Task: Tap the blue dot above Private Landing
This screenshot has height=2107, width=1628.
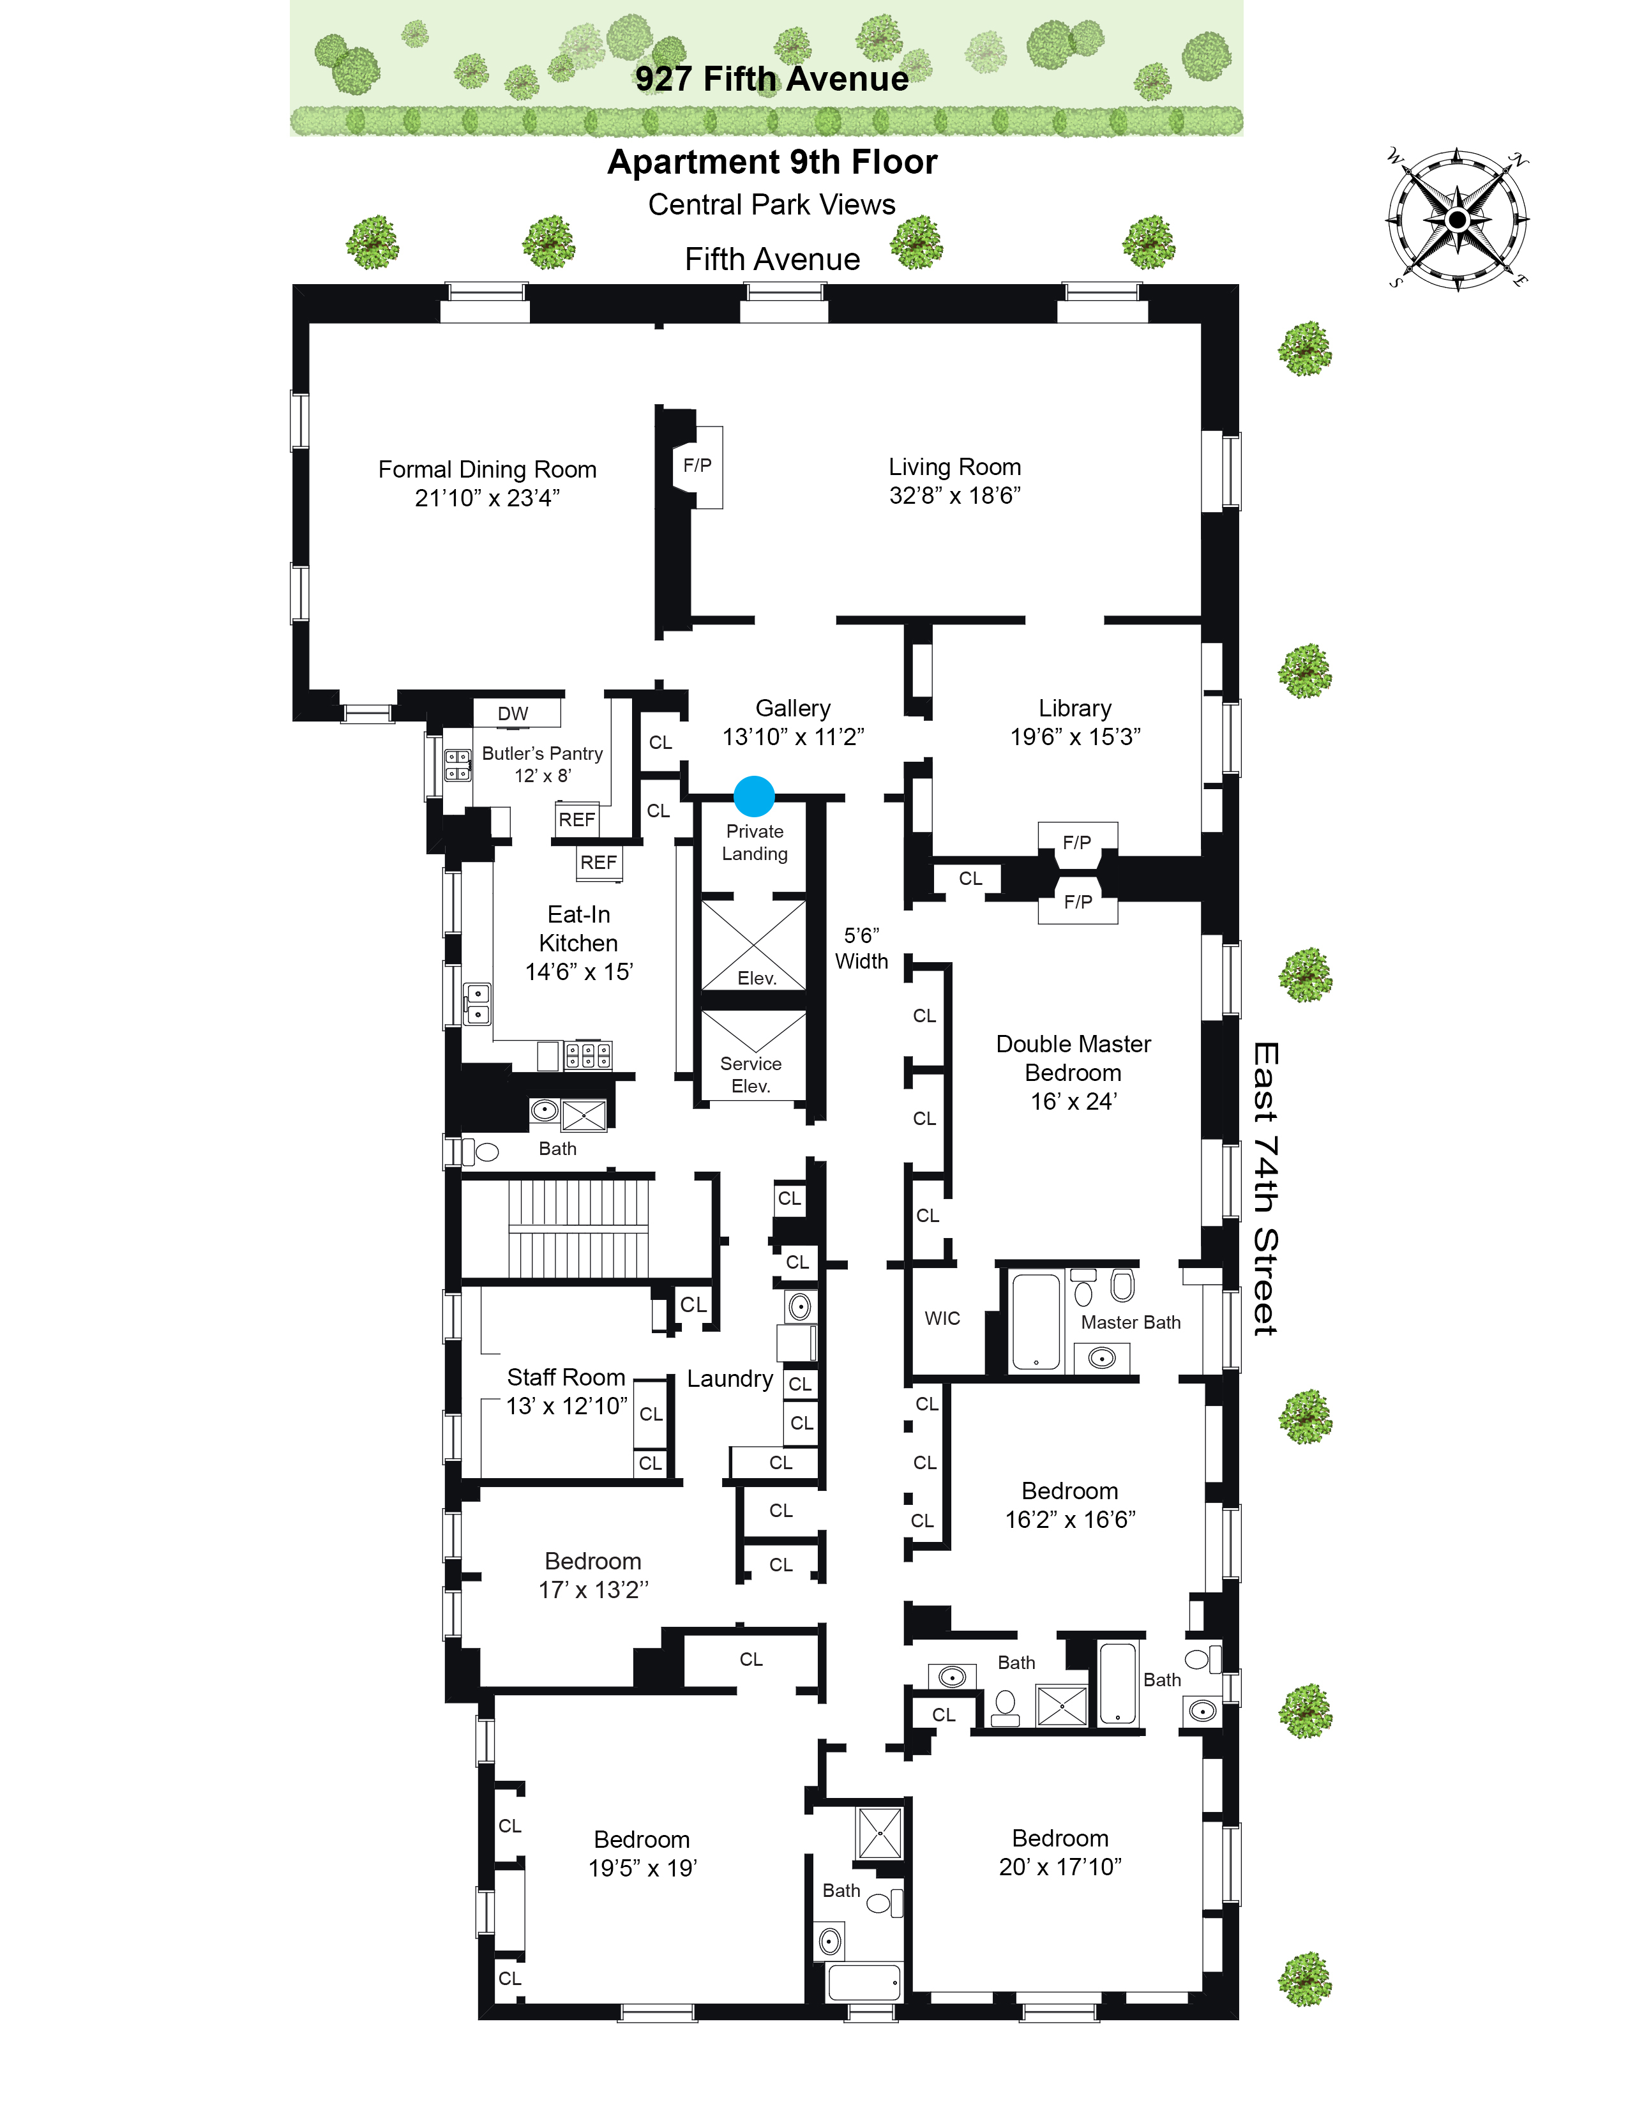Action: [754, 797]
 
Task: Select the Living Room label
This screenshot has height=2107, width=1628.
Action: [955, 480]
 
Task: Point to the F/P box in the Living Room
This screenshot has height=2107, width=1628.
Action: [697, 466]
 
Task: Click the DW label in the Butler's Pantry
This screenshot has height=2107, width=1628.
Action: [513, 714]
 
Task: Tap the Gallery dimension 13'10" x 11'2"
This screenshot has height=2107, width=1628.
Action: [794, 737]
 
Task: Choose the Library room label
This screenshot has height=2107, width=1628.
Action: [1075, 708]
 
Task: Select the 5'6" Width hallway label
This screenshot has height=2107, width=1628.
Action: [861, 948]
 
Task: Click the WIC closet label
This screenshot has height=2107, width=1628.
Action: [942, 1319]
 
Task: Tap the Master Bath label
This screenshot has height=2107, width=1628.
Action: [1130, 1323]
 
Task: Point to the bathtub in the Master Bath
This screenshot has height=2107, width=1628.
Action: [1036, 1321]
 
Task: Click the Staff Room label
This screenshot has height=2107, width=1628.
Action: [566, 1378]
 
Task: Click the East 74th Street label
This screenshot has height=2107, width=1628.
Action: [1265, 1189]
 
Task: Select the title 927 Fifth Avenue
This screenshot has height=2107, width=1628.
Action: [772, 79]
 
